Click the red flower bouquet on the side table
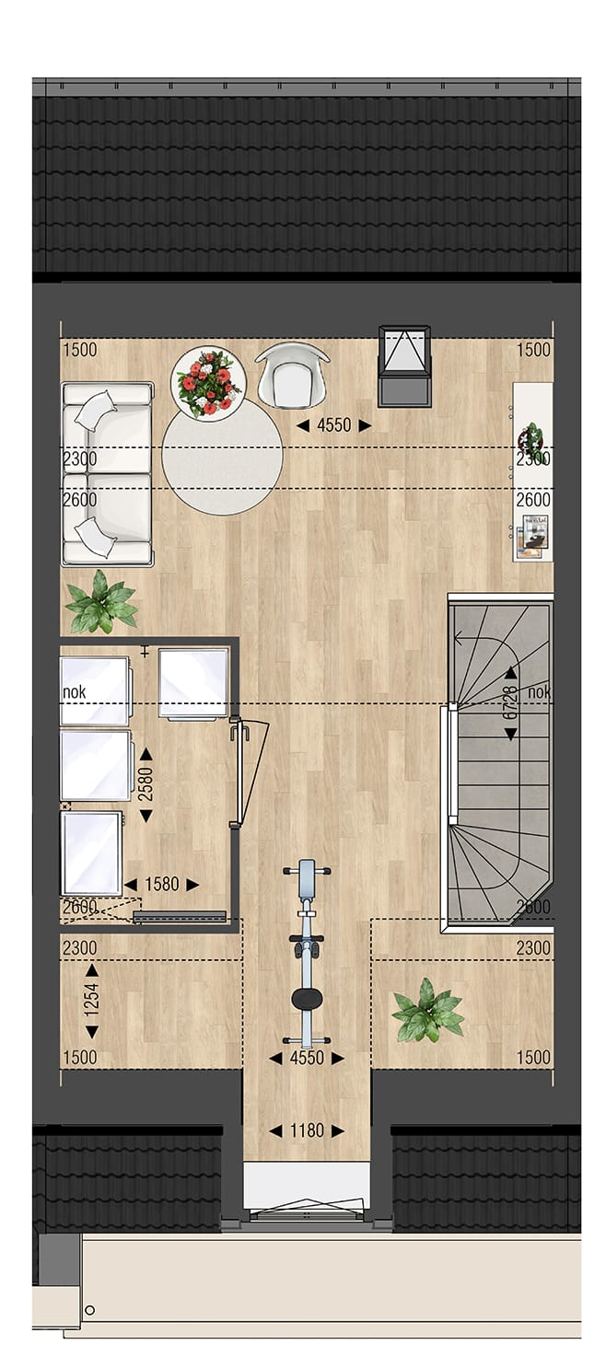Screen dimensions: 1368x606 point(208,383)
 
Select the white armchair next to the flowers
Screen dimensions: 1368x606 point(292,375)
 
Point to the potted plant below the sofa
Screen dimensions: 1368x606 point(100,604)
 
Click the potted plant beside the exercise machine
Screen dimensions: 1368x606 point(427,1012)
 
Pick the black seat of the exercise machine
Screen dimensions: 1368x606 point(307,998)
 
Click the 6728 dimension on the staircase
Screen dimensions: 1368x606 point(510,702)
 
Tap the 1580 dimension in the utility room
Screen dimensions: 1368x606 point(161,885)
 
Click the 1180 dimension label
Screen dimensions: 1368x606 point(307,1130)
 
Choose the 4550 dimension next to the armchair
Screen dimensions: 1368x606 point(332,425)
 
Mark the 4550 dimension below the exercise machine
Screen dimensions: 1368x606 point(307,1059)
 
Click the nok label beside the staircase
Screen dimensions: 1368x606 point(540,692)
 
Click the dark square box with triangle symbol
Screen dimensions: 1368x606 point(404,365)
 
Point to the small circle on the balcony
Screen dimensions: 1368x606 point(89,1310)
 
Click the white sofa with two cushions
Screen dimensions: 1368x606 point(107,473)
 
